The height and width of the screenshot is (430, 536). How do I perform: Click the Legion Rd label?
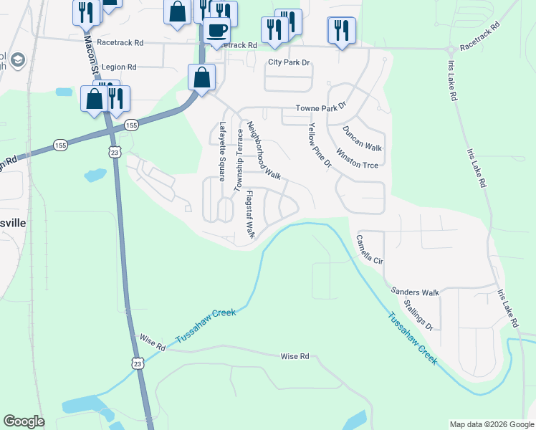pyautogui.click(x=119, y=67)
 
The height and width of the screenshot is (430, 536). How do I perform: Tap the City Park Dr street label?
pyautogui.click(x=289, y=62)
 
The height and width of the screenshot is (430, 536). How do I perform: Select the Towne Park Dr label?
pyautogui.click(x=322, y=108)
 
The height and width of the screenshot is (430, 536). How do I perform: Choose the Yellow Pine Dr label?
pyautogui.click(x=320, y=145)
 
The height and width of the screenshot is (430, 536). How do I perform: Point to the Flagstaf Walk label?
pyautogui.click(x=250, y=214)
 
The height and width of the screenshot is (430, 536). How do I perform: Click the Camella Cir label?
pyautogui.click(x=370, y=249)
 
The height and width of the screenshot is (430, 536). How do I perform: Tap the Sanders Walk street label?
pyautogui.click(x=415, y=292)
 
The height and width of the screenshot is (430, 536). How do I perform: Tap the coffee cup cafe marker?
pyautogui.click(x=217, y=30)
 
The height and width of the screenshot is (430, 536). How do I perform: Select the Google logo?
pyautogui.click(x=24, y=421)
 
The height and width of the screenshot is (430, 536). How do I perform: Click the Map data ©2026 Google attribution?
pyautogui.click(x=492, y=424)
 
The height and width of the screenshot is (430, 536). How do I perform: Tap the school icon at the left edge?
pyautogui.click(x=18, y=59)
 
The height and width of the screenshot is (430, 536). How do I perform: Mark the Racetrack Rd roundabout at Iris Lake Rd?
pyautogui.click(x=450, y=49)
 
